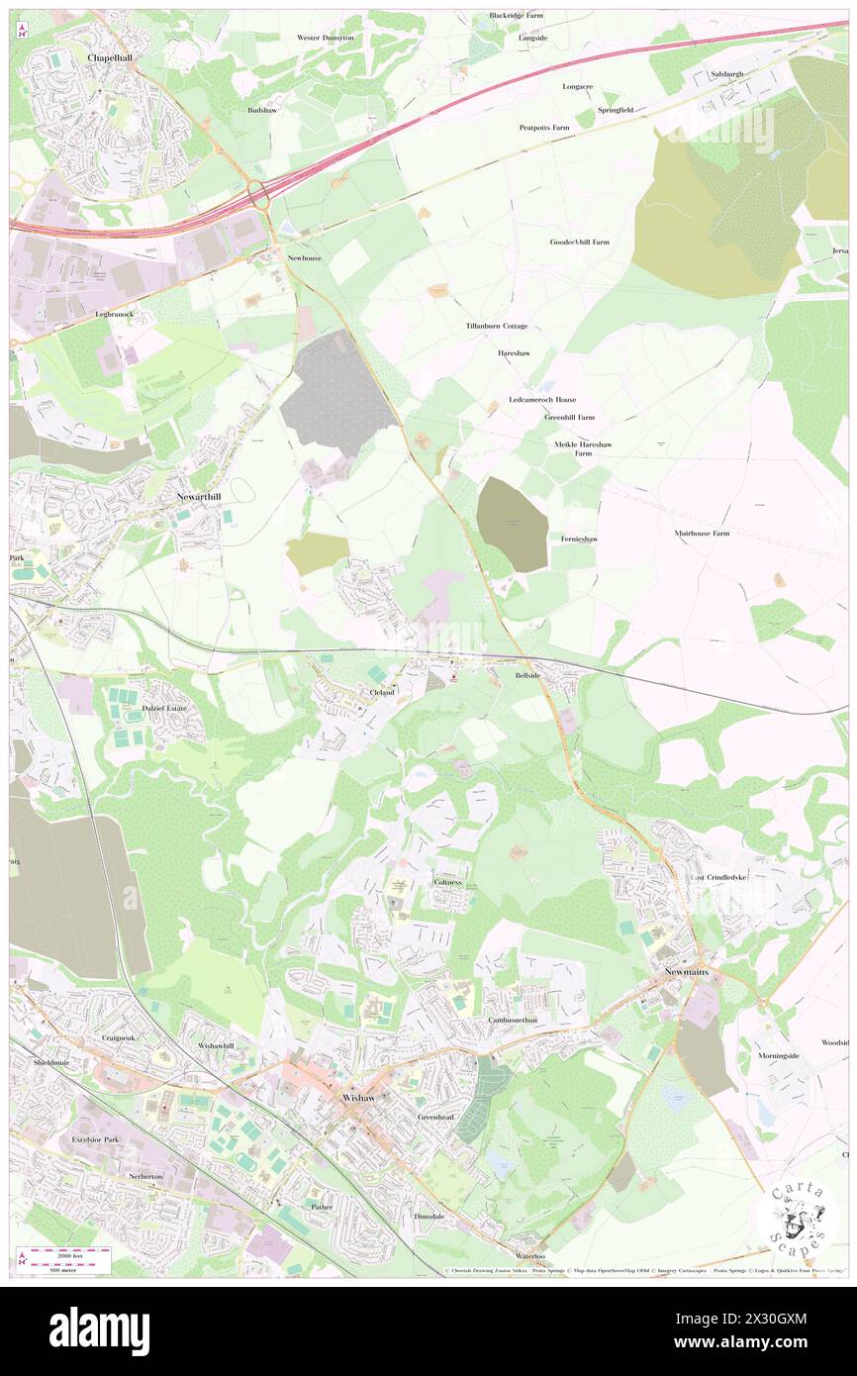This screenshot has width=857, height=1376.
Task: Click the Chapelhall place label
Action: point(110,58)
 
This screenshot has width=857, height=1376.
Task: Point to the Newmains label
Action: point(692,972)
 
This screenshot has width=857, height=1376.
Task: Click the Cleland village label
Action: point(382,692)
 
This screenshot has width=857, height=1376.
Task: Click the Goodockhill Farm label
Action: point(580,242)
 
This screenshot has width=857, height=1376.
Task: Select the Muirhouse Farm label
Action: point(702,534)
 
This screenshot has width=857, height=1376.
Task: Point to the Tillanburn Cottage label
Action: point(497,326)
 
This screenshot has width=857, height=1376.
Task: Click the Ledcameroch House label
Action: point(542,400)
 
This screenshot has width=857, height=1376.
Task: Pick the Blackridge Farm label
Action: point(516,16)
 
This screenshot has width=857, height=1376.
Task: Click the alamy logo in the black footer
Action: point(99,1329)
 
